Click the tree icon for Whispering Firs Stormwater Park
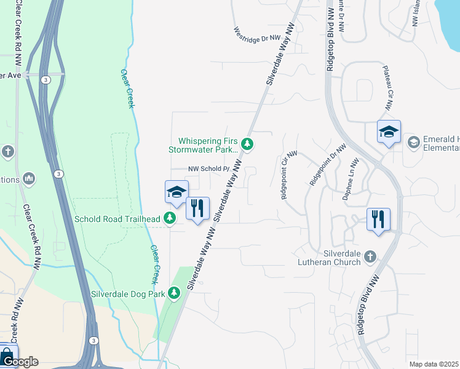coord(247,145)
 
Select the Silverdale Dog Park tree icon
coord(174,294)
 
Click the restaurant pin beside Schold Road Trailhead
coord(197,209)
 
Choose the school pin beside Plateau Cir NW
coord(389,132)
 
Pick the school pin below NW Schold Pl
coord(176,192)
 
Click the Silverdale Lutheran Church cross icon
coord(370,255)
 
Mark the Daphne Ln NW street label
coord(352,180)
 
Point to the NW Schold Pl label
coord(208,169)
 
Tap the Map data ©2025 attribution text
coord(434,364)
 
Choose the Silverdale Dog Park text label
coord(129,294)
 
